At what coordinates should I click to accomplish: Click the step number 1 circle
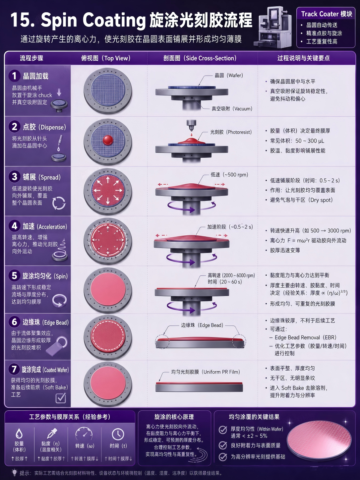coord(15,76)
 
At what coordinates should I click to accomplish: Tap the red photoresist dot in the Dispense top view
coord(108,140)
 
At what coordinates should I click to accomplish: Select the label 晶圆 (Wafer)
coord(229,76)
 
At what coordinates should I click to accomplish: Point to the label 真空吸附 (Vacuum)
coord(232,109)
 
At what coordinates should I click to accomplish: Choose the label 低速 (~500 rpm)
coord(229,175)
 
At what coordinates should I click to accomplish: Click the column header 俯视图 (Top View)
coord(106,58)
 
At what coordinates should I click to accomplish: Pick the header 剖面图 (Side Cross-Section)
coord(200,58)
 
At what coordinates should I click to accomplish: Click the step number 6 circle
coord(15,322)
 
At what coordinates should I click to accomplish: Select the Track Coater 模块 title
coord(327,14)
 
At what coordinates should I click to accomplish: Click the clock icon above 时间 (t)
coord(118,434)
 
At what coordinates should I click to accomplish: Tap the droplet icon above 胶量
coord(19,433)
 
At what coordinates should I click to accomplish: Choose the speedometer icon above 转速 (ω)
coord(84,433)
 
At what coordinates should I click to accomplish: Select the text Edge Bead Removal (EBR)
coord(305,337)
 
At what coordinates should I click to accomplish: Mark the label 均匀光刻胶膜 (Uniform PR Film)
coord(206,372)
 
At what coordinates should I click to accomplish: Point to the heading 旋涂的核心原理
coord(174,417)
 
